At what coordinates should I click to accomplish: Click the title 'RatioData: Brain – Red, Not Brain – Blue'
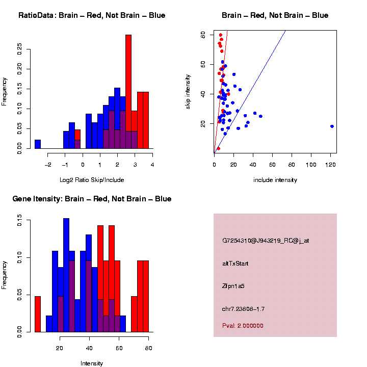[92, 15]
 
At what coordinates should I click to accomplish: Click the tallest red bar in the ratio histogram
[128, 92]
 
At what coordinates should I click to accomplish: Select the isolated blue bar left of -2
[38, 144]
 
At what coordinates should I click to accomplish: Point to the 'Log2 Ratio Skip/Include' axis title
[92, 180]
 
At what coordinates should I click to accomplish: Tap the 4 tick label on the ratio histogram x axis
[152, 164]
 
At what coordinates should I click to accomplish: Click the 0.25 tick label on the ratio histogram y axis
[20, 48]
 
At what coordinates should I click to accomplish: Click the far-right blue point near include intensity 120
[332, 126]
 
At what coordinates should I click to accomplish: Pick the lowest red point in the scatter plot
[218, 148]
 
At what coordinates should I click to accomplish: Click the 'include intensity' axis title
[275, 180]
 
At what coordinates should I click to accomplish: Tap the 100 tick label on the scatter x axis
[311, 166]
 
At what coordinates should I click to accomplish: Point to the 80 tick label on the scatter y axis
[203, 34]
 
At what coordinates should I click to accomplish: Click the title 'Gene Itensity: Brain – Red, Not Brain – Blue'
[92, 199]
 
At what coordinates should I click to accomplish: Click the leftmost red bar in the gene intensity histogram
[38, 314]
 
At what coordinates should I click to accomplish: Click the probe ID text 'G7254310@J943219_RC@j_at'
[265, 241]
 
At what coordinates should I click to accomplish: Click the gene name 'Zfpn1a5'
[233, 286]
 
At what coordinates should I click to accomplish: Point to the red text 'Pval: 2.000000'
[243, 326]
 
